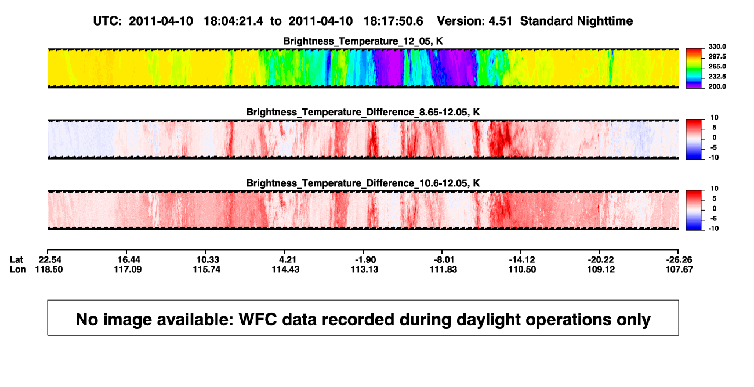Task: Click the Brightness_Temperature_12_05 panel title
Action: [363, 41]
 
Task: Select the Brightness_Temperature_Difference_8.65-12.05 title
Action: [363, 112]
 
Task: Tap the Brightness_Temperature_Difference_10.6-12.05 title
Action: [363, 183]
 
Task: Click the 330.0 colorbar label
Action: [717, 46]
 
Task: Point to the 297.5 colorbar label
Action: [717, 57]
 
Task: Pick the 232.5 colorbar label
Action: [717, 77]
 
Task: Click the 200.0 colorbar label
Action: [717, 86]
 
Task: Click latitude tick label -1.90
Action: [365, 260]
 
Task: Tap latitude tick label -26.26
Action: [679, 260]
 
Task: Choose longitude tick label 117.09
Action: [128, 270]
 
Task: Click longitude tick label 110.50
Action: [522, 270]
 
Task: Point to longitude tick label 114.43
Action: [285, 270]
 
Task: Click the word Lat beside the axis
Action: [16, 260]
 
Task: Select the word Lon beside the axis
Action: [18, 270]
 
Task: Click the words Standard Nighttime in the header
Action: [577, 21]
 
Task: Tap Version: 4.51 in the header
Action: [474, 21]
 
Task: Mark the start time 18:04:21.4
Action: [234, 21]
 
